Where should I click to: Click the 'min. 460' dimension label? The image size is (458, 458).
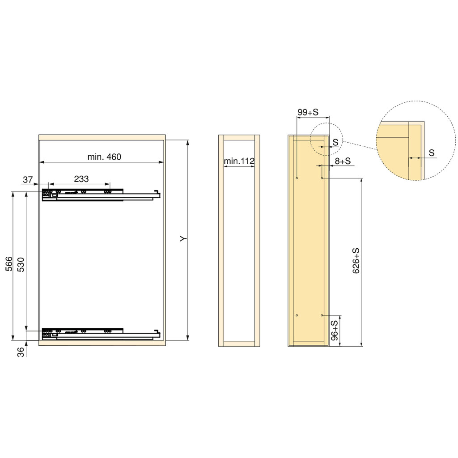click(x=104, y=157)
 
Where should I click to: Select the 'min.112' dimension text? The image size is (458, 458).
click(x=239, y=161)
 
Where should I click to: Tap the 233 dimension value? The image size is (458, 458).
click(x=81, y=179)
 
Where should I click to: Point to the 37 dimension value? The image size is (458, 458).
click(x=28, y=180)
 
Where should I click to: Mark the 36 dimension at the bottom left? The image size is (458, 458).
click(x=21, y=352)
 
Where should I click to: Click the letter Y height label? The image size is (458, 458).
click(x=183, y=240)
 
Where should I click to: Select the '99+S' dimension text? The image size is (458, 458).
click(x=308, y=112)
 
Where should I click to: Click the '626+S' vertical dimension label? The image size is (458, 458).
click(x=356, y=261)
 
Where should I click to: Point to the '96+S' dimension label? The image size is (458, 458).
click(x=334, y=331)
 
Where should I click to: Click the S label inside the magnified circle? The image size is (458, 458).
click(x=431, y=153)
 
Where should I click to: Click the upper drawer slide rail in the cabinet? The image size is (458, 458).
click(x=101, y=195)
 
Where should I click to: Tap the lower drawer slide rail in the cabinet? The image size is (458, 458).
click(x=101, y=333)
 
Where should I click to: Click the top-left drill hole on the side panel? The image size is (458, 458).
click(x=297, y=178)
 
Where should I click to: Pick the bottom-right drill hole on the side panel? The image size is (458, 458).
click(x=322, y=315)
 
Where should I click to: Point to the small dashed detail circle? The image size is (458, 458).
click(x=326, y=139)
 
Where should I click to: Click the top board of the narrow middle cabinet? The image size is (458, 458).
click(x=239, y=137)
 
